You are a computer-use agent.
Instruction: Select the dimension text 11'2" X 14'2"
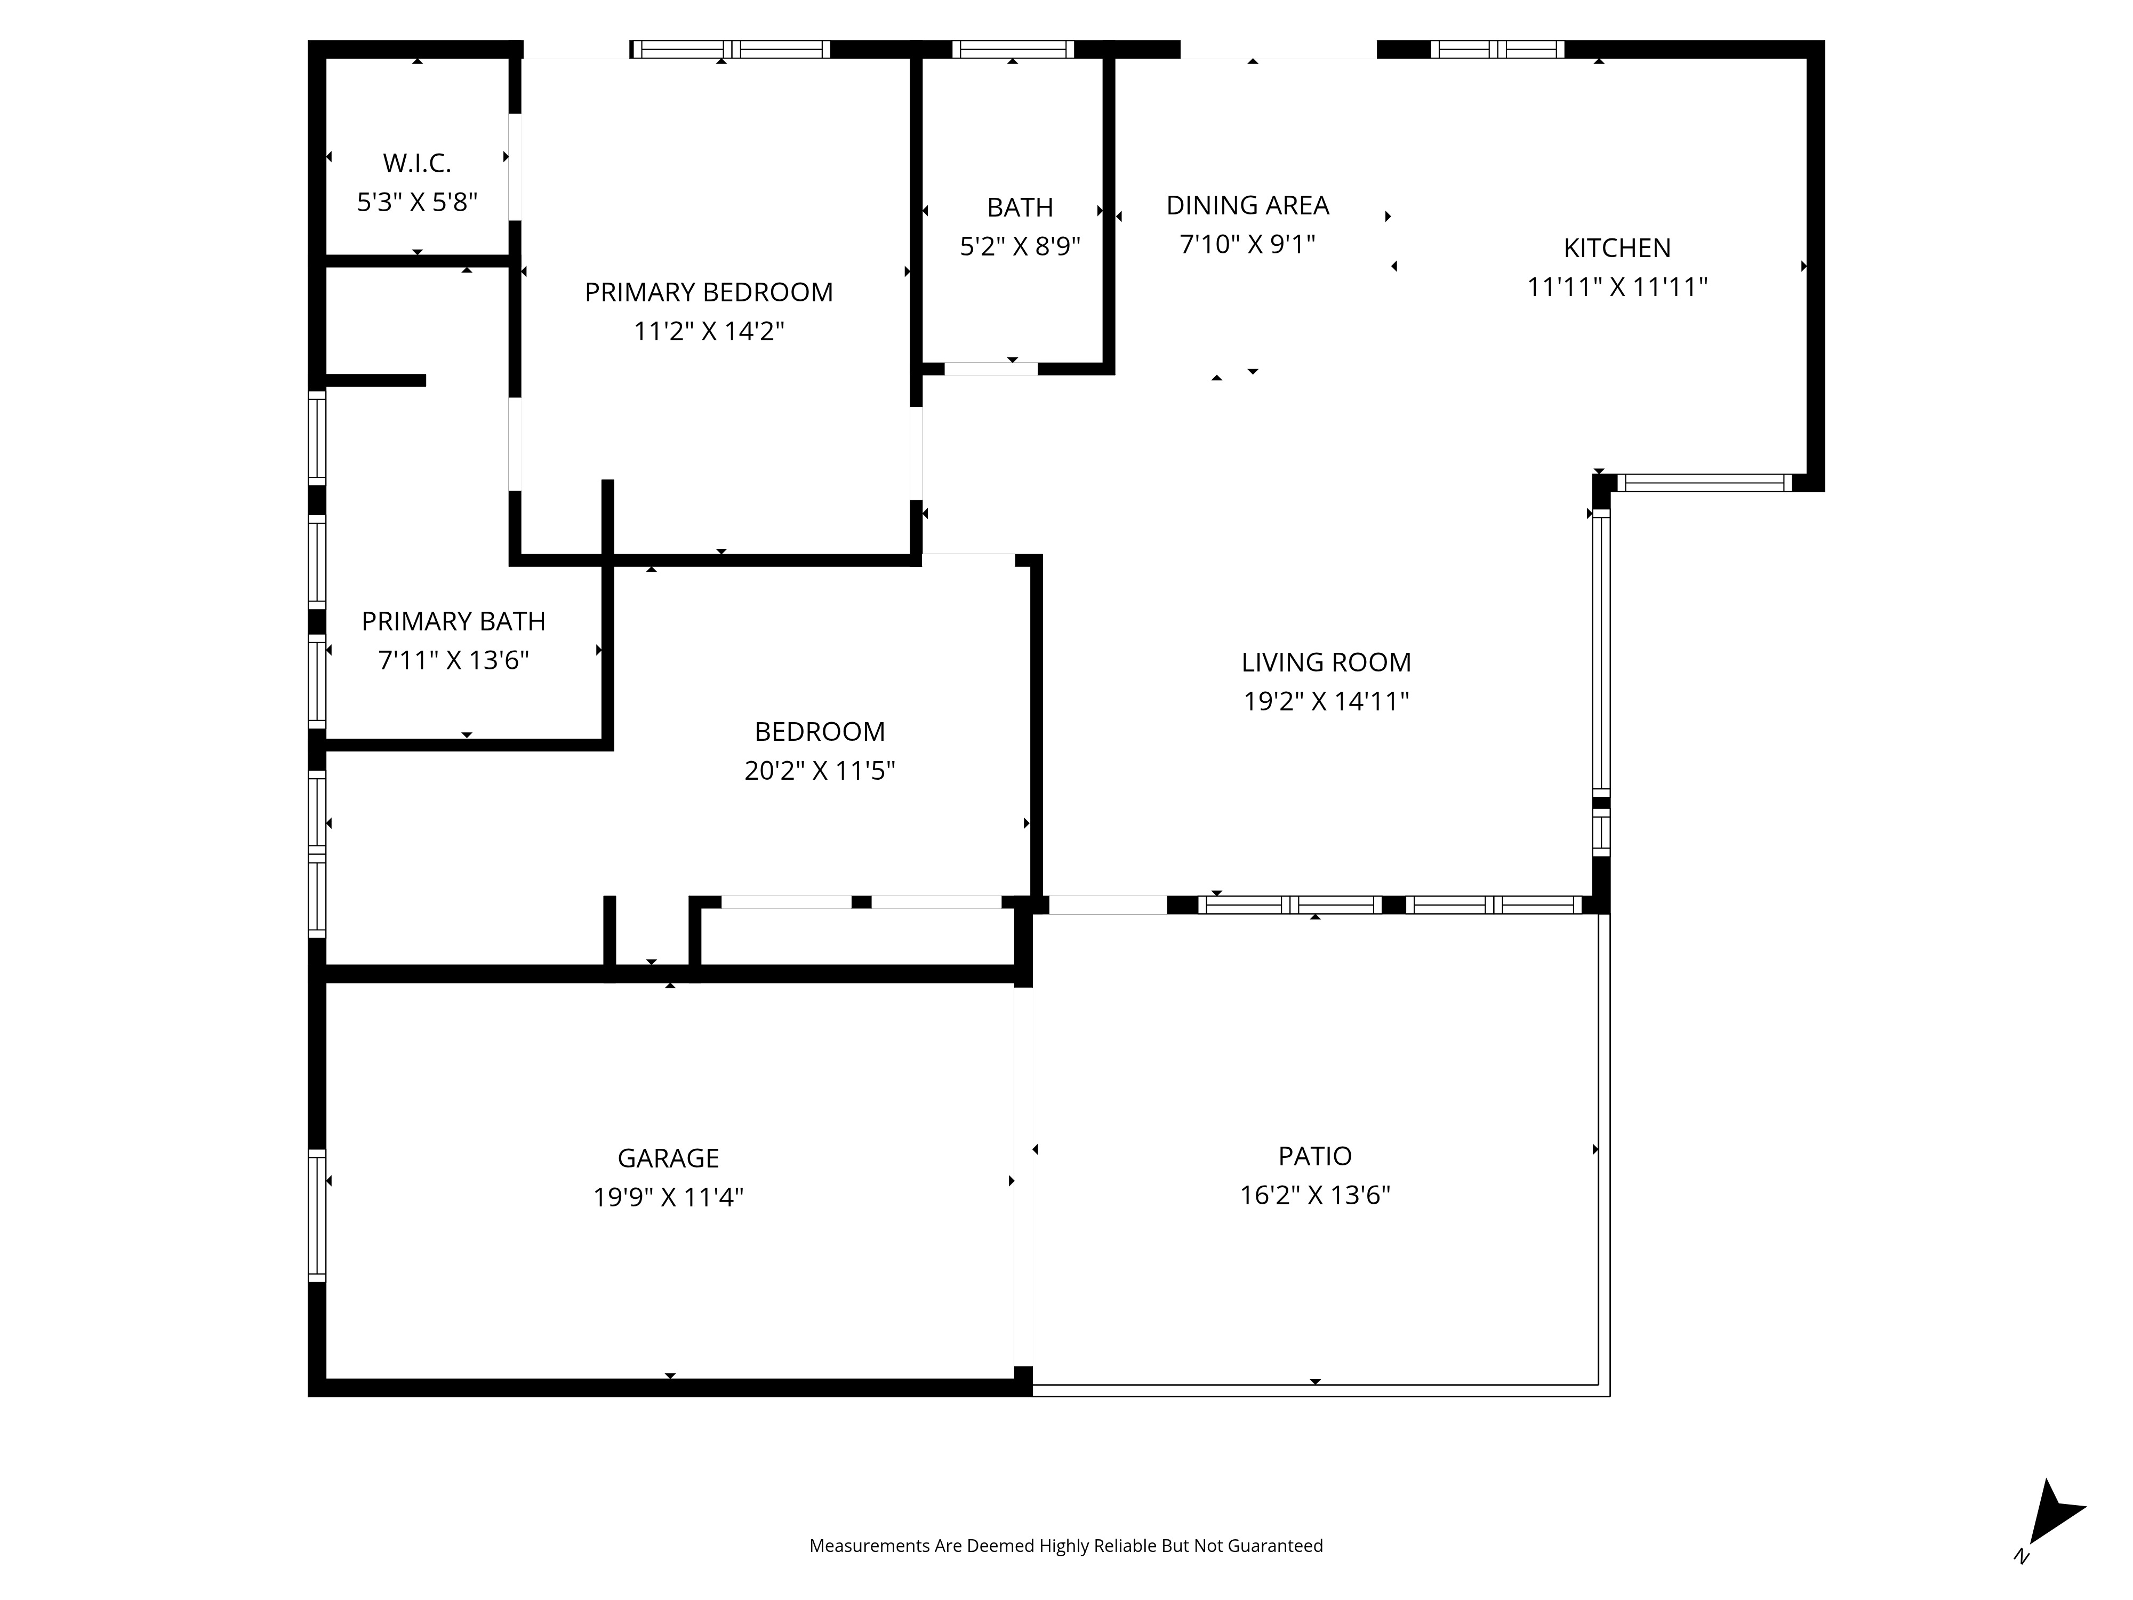[709, 332]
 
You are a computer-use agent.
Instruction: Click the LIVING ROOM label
[1325, 662]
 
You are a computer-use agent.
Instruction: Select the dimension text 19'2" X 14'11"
[1325, 701]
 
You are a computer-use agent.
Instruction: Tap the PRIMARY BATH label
[453, 621]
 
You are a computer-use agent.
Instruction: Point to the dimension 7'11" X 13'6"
[453, 661]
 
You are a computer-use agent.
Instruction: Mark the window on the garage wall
[316, 1215]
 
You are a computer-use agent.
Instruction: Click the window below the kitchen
[1704, 483]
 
